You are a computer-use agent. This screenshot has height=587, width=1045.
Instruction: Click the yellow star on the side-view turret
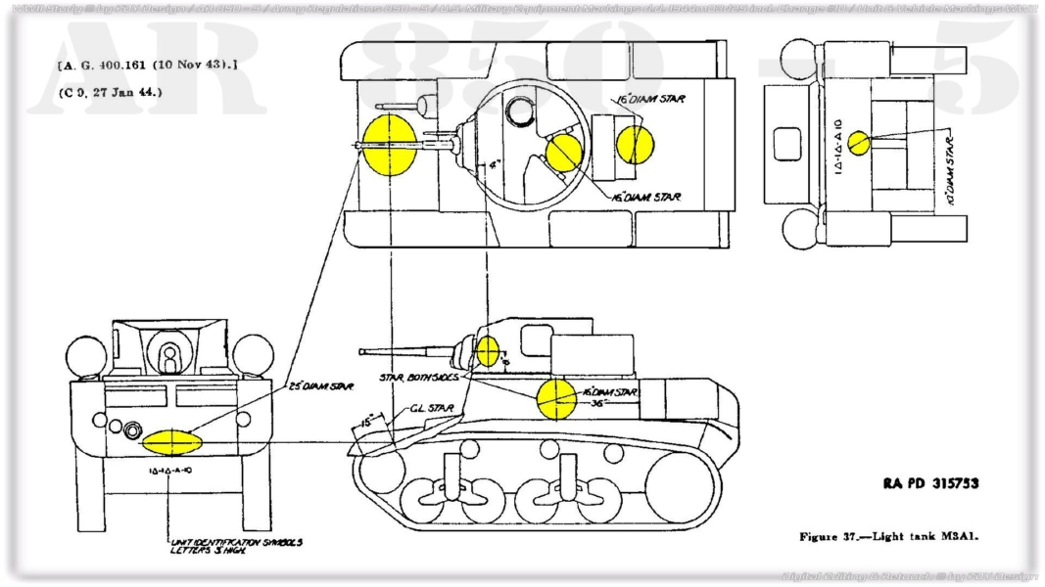[x=487, y=350]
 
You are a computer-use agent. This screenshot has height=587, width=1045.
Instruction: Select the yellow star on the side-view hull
[x=555, y=398]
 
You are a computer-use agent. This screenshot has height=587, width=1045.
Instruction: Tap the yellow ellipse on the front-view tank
[x=171, y=441]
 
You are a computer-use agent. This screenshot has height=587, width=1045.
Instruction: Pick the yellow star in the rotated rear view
[x=859, y=143]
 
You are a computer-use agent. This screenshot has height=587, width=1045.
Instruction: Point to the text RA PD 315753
[x=929, y=483]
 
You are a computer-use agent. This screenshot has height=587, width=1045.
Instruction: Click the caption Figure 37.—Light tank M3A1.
[x=889, y=536]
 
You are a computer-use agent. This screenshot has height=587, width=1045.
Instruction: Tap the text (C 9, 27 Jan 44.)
[x=110, y=92]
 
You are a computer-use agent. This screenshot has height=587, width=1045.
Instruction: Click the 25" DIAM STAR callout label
[x=320, y=387]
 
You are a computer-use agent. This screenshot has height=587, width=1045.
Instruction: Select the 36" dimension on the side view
[x=594, y=401]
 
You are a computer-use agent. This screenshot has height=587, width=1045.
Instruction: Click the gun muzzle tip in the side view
[x=362, y=351]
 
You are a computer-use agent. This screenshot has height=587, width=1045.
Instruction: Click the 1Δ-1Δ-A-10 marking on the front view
[x=169, y=471]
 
